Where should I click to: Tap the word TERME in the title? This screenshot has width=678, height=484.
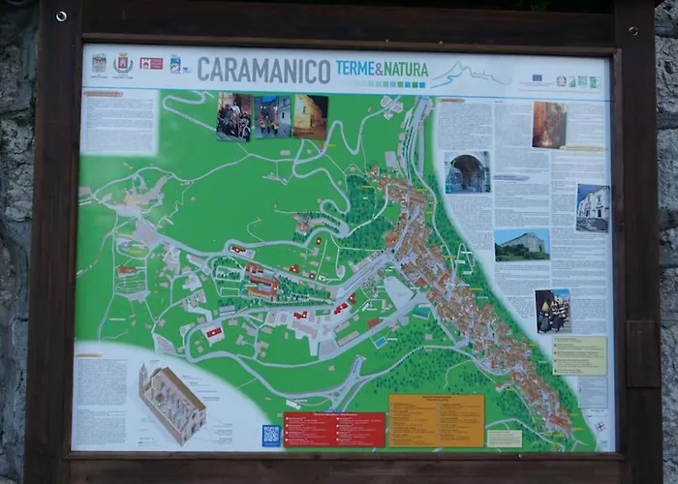pyautogui.click(x=357, y=68)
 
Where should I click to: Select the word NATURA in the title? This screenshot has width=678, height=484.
pyautogui.click(x=405, y=68)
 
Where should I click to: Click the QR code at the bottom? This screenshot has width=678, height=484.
pyautogui.click(x=271, y=435)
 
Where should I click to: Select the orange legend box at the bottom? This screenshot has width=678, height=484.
pyautogui.click(x=436, y=420)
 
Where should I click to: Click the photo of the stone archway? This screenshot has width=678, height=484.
pyautogui.click(x=467, y=172)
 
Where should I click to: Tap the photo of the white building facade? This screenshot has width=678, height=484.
pyautogui.click(x=593, y=208)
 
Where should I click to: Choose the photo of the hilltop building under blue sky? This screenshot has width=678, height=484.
pyautogui.click(x=522, y=245)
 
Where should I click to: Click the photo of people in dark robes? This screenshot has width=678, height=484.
pyautogui.click(x=553, y=311)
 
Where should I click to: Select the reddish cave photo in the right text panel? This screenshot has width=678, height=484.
pyautogui.click(x=549, y=125)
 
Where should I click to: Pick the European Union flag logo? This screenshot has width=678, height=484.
pyautogui.click(x=537, y=77)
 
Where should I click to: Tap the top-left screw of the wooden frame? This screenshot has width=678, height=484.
pyautogui.click(x=61, y=16)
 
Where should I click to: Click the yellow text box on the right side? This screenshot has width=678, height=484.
pyautogui.click(x=579, y=355)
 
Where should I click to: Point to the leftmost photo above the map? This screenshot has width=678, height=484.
pyautogui.click(x=233, y=117)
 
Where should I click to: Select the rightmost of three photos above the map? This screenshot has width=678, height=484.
pyautogui.click(x=310, y=116)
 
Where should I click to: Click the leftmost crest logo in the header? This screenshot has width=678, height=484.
pyautogui.click(x=99, y=65)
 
